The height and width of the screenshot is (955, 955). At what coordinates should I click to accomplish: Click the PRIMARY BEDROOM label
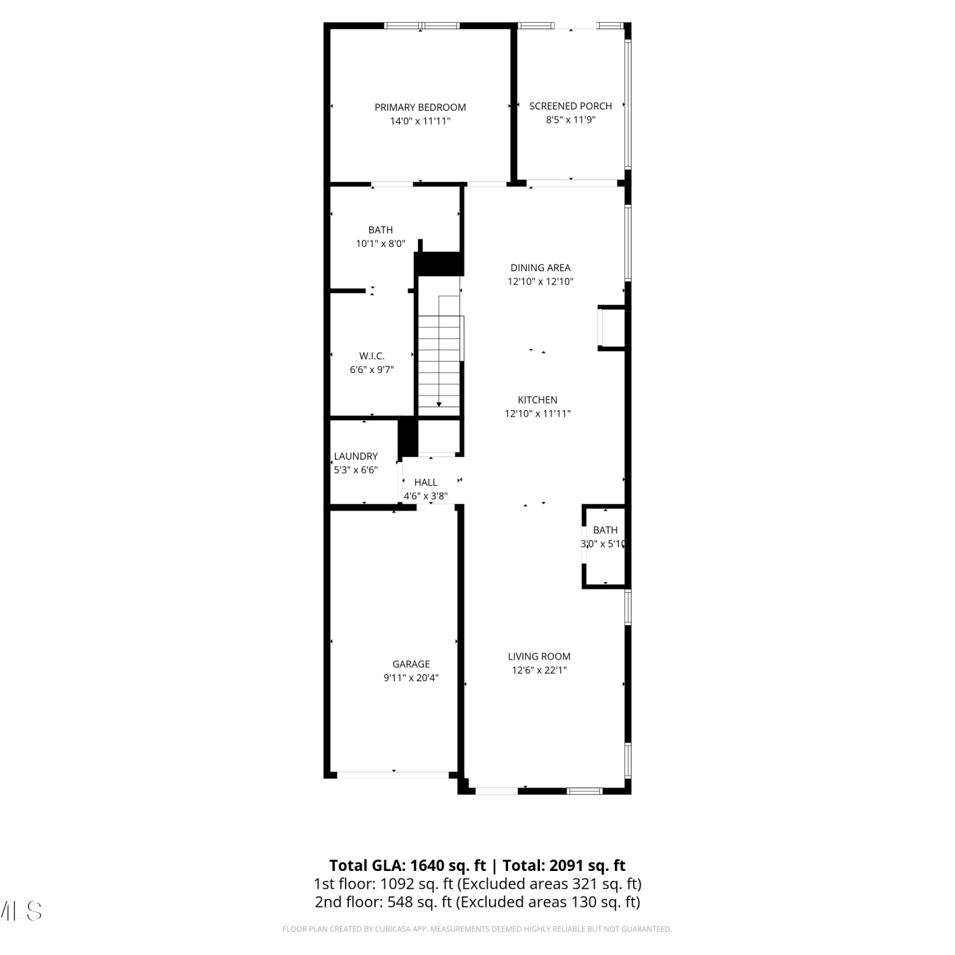420,107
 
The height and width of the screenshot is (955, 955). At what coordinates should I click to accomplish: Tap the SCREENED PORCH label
570,106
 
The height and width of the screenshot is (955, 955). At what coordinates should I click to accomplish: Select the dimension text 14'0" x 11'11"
420,121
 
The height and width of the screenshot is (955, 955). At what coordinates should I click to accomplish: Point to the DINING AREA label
541,267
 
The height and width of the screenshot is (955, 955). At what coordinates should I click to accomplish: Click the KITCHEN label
537,400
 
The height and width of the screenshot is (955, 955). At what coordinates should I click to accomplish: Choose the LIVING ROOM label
539,656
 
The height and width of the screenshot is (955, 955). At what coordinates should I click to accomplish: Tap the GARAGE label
411,664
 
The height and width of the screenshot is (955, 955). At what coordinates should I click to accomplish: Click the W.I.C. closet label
372,356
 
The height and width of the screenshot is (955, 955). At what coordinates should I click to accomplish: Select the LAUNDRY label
356,456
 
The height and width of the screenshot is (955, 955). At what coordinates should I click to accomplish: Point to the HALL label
426,483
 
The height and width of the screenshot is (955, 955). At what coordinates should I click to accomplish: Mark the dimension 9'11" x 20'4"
411,678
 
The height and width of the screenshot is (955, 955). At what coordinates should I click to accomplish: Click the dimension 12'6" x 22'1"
539,670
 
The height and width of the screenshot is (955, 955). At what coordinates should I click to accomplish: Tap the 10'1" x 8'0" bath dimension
381,243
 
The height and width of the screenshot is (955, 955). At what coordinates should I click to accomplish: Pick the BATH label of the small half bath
605,530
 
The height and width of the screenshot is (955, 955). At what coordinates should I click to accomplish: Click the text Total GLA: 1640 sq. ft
407,865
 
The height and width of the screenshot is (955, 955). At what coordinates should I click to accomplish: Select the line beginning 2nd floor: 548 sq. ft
478,902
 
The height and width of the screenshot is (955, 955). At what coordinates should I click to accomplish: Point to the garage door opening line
393,775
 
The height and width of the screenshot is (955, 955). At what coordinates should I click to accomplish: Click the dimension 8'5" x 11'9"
570,120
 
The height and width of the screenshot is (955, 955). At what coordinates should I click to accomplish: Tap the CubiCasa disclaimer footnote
478,930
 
